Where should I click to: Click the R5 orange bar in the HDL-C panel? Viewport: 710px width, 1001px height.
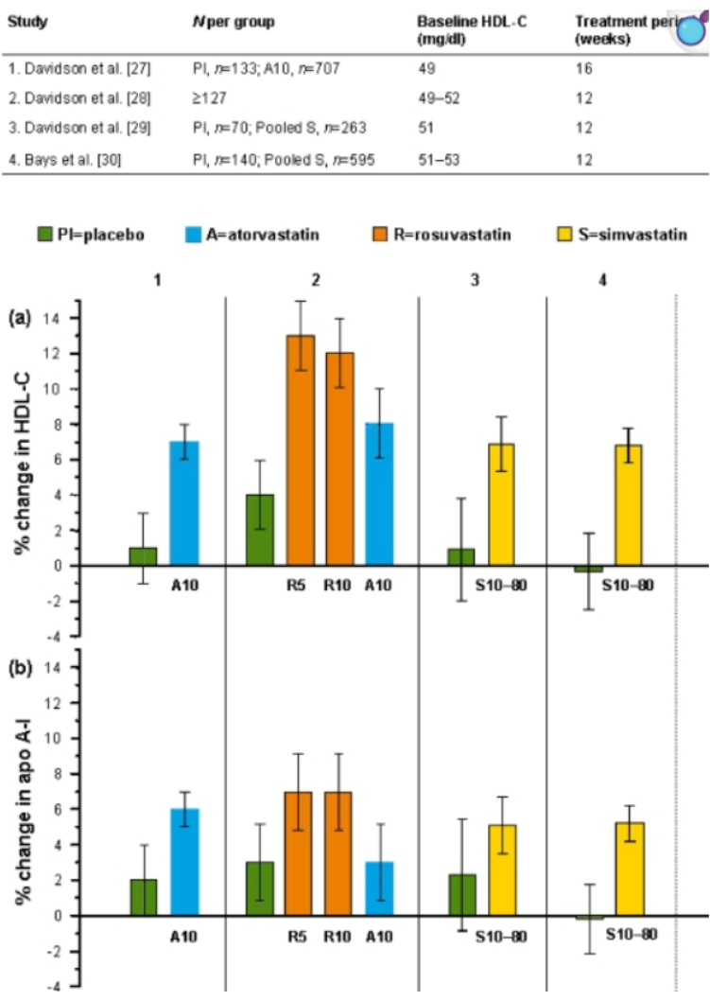pyautogui.click(x=301, y=450)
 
